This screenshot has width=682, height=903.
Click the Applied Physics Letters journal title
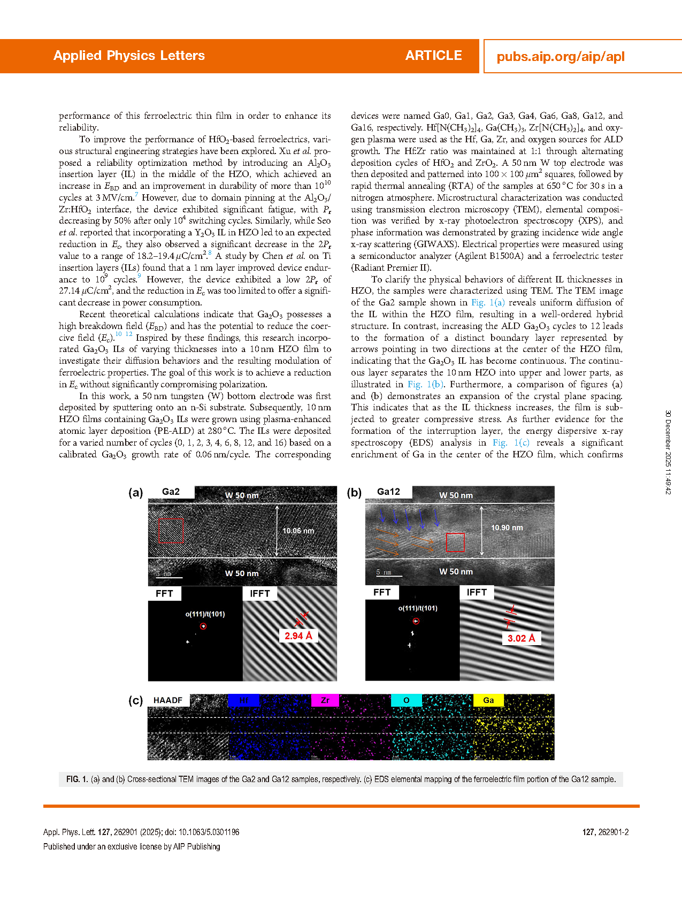pyautogui.click(x=129, y=56)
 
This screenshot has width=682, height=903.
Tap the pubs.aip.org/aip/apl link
pyautogui.click(x=560, y=57)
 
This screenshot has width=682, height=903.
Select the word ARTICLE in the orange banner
pyautogui.click(x=433, y=56)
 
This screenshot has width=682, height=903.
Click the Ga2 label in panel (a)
pyautogui.click(x=171, y=492)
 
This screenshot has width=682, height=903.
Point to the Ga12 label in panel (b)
pyautogui.click(x=388, y=492)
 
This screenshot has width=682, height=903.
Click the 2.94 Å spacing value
pyautogui.click(x=298, y=636)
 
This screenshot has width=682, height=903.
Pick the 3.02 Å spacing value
pyautogui.click(x=521, y=638)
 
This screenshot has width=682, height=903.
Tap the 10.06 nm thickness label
pyautogui.click(x=298, y=531)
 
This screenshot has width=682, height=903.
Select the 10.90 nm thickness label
pyautogui.click(x=507, y=527)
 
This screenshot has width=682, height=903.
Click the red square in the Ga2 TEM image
pyautogui.click(x=171, y=531)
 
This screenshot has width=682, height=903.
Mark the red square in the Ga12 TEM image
pyautogui.click(x=455, y=542)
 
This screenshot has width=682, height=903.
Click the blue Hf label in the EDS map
pyautogui.click(x=244, y=700)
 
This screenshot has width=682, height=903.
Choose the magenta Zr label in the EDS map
pyautogui.click(x=325, y=700)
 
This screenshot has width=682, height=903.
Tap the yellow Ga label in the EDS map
pyautogui.click(x=488, y=700)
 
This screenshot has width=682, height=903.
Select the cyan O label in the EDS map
pyautogui.click(x=407, y=700)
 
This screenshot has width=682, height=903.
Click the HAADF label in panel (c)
pyautogui.click(x=168, y=700)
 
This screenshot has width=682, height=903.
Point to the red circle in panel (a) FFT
pyautogui.click(x=203, y=626)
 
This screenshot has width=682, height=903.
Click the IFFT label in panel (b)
pyautogui.click(x=477, y=592)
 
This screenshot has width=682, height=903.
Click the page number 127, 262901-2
pyautogui.click(x=605, y=832)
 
